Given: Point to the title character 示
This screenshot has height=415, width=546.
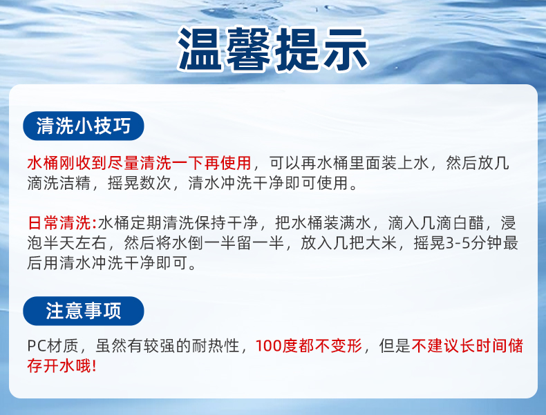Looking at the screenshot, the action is click(345, 49).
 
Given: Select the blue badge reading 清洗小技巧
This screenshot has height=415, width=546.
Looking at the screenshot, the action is click(84, 126).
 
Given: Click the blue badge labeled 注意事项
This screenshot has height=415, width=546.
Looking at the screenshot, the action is click(84, 311).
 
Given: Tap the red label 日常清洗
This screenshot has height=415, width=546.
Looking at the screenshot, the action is click(59, 223).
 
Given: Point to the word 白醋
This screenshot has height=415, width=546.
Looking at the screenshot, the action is click(469, 223).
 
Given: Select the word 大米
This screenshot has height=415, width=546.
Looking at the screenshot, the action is click(382, 243).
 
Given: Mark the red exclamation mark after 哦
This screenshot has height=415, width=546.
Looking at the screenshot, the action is click(94, 366).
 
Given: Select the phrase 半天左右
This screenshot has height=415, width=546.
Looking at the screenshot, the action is click(75, 243).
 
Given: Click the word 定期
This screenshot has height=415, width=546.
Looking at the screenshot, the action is click(147, 223).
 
